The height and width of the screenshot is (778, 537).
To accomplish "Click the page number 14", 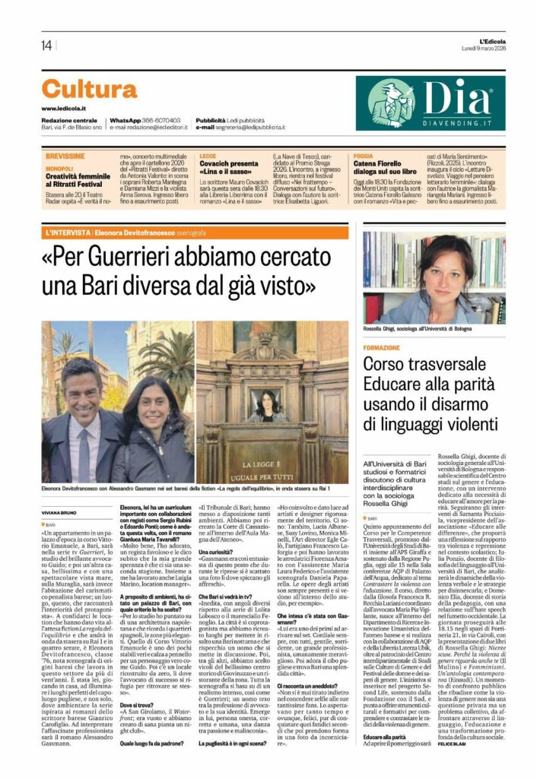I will click(46, 45).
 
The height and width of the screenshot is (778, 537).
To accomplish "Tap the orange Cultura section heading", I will click(89, 90).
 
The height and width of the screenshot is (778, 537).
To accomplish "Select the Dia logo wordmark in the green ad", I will click(456, 96).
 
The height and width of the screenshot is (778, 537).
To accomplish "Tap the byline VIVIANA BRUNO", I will click(64, 502).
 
